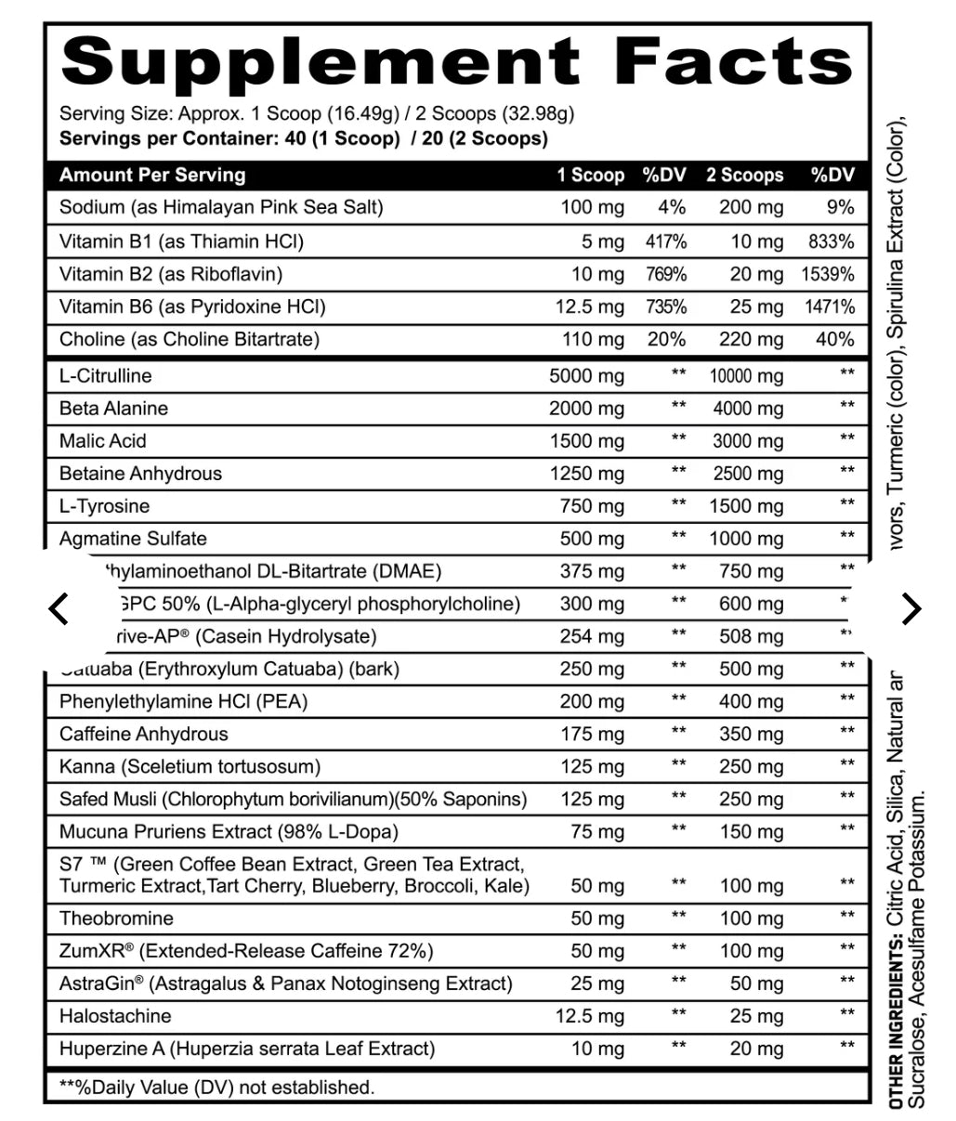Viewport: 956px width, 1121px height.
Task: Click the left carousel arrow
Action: (x=59, y=609)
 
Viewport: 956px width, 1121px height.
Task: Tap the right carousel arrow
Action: (x=911, y=609)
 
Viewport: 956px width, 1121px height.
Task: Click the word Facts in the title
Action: (x=733, y=62)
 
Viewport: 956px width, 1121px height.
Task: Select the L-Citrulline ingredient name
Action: (x=105, y=376)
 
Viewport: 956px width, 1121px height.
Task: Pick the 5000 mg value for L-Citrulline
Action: (x=586, y=376)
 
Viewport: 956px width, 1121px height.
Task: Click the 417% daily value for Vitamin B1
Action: (x=666, y=241)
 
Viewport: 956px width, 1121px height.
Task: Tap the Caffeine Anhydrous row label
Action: (x=143, y=734)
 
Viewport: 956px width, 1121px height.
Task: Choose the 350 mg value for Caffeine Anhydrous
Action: (x=751, y=734)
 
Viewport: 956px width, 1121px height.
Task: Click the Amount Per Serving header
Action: (x=152, y=175)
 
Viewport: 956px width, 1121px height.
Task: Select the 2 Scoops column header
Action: (x=744, y=175)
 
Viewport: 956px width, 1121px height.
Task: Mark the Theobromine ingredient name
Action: (x=116, y=919)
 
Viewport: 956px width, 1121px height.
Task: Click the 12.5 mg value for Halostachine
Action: (x=590, y=1016)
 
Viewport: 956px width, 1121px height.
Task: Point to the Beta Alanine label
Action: (x=113, y=409)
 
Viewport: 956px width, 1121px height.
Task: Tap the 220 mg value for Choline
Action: (x=751, y=339)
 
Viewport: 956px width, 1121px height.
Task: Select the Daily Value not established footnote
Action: (x=216, y=1087)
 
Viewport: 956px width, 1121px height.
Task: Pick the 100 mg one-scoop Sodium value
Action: (x=592, y=207)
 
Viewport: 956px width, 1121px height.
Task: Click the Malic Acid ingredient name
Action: (x=102, y=441)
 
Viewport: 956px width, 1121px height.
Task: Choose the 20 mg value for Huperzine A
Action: (x=756, y=1049)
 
